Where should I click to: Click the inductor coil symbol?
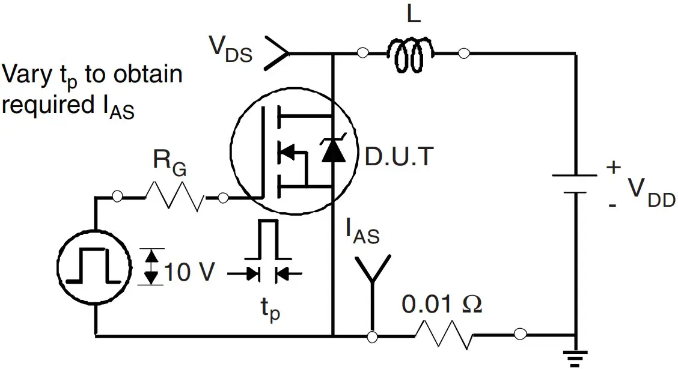413,54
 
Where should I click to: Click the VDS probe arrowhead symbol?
277,53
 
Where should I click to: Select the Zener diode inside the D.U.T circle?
334,151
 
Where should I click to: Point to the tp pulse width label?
269,311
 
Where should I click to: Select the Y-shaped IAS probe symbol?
373,276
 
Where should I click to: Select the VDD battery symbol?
575,184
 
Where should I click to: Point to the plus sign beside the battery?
612,168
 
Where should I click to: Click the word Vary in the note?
28,76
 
